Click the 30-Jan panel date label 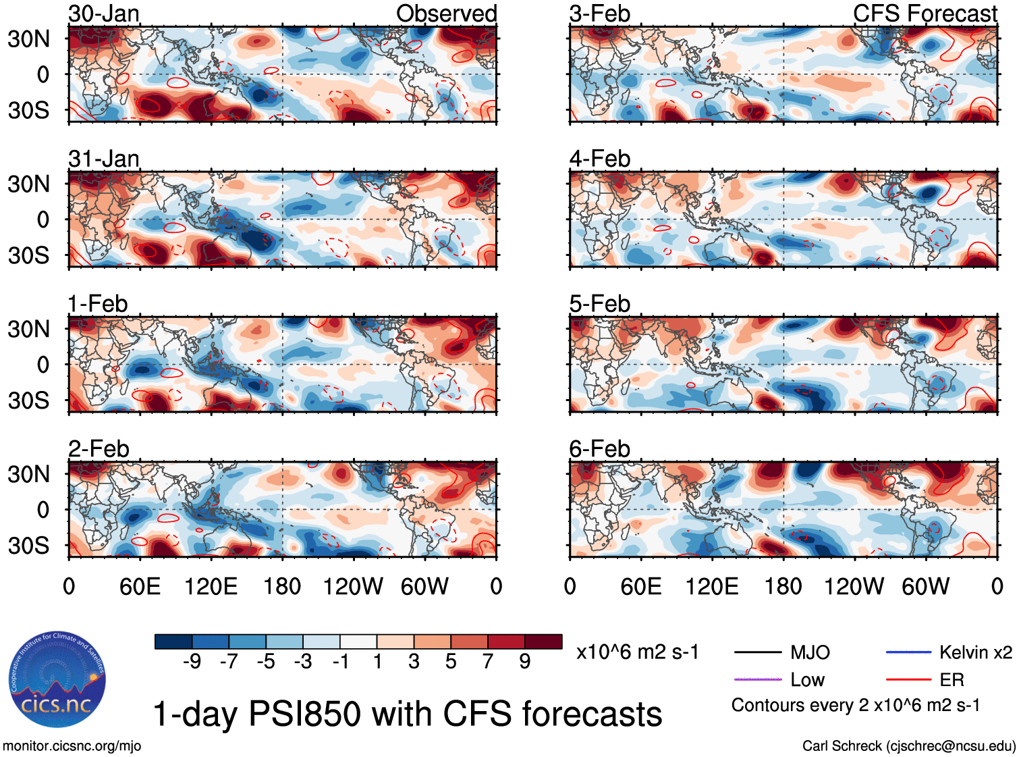(x=104, y=14)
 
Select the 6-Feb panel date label (x=599, y=449)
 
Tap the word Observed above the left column (x=446, y=14)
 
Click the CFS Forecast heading (x=925, y=14)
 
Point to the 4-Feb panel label (x=599, y=159)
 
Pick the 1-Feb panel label (x=98, y=304)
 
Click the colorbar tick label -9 (x=192, y=662)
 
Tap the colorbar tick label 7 (x=488, y=662)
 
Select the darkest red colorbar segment (x=543, y=642)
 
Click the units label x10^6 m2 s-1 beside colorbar (x=637, y=652)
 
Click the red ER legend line (x=908, y=679)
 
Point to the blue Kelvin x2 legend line (x=908, y=652)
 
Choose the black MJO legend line (x=757, y=652)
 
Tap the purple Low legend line (x=757, y=679)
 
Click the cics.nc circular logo (x=57, y=679)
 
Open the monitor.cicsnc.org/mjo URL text (x=72, y=746)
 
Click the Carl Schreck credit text (x=908, y=746)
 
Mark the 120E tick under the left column (x=211, y=587)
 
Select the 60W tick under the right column (x=925, y=587)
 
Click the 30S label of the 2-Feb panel (x=29, y=546)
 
